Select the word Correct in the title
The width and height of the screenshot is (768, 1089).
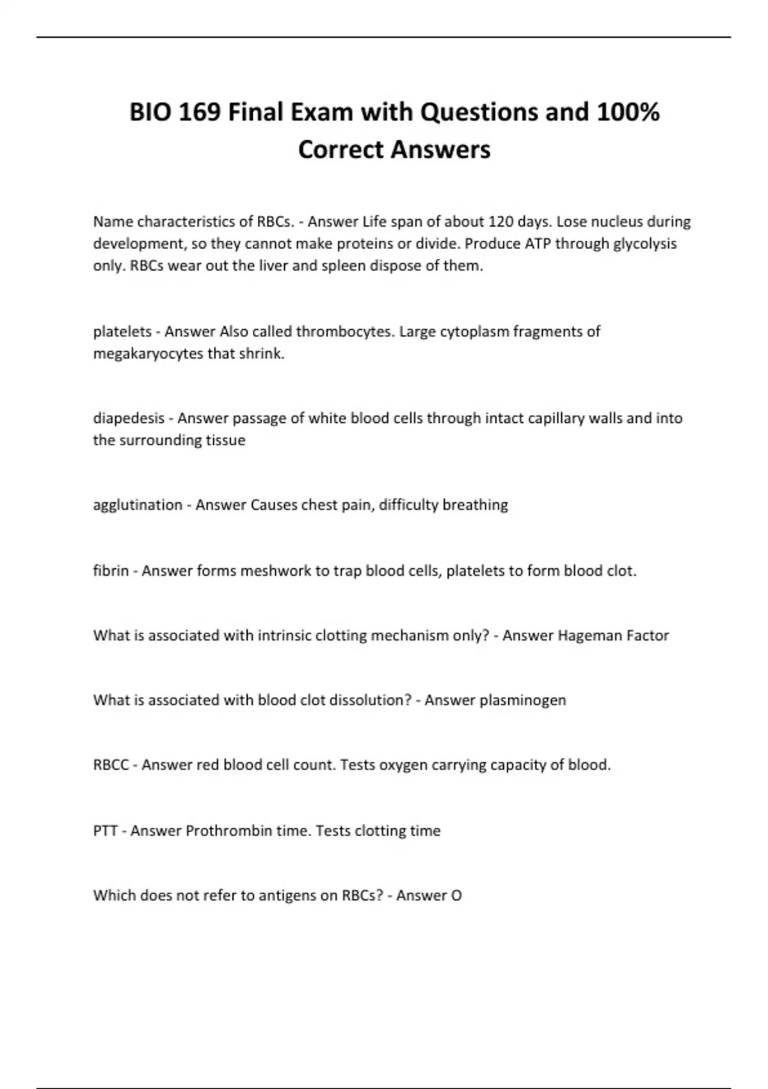pos(340,150)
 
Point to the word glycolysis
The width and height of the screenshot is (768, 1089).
pos(644,244)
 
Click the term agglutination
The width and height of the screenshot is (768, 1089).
pos(138,505)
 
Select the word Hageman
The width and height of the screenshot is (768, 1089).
pos(589,635)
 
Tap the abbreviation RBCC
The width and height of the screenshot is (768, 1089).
pos(111,765)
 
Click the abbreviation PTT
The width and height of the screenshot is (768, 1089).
pos(106,831)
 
